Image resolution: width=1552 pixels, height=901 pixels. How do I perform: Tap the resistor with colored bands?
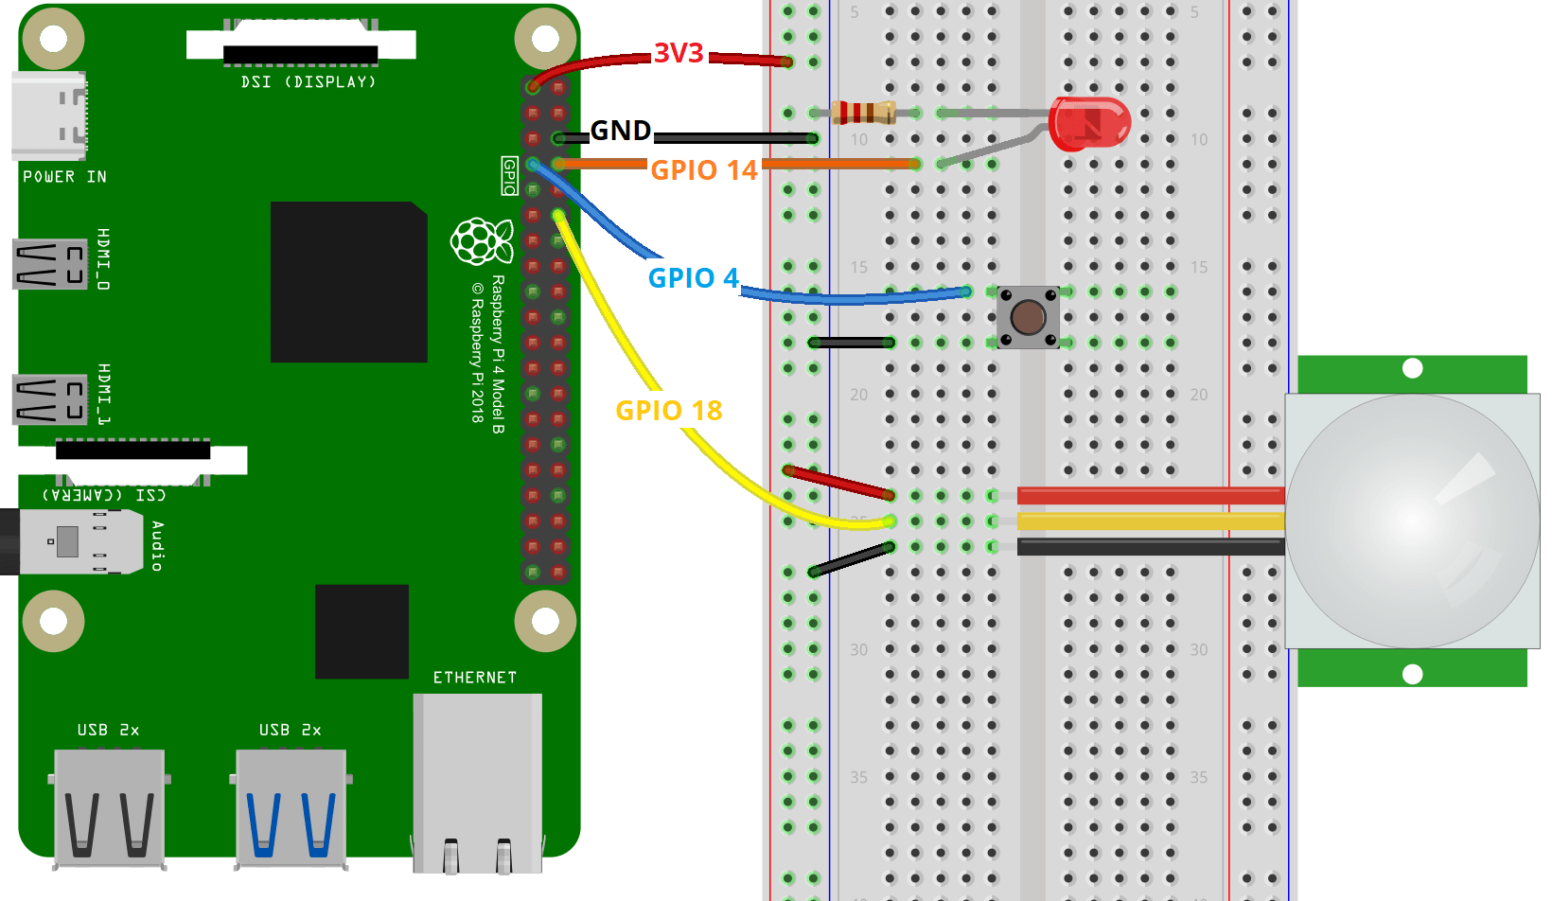coord(863,113)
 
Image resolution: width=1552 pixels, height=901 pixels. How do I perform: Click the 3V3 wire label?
coord(679,54)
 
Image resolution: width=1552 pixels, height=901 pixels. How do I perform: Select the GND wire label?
coord(621,131)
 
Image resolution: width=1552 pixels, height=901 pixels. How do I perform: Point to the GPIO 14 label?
coord(704,170)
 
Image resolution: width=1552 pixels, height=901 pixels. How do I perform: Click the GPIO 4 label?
coord(693,278)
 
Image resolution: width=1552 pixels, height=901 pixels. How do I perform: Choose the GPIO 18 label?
coord(669,411)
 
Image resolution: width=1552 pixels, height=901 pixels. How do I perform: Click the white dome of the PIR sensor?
coord(1412,521)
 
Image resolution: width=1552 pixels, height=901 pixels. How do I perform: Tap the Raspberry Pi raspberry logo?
coord(482,241)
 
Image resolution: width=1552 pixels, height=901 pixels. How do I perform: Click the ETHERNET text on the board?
coord(475,678)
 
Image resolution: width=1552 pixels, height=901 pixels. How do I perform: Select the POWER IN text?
coord(64,177)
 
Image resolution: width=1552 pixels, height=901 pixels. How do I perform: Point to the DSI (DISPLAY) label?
coord(309,82)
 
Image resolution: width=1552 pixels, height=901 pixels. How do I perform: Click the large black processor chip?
coord(348,282)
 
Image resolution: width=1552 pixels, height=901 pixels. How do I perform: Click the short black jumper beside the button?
coord(851,343)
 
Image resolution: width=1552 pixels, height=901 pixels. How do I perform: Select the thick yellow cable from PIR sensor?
coord(1150,521)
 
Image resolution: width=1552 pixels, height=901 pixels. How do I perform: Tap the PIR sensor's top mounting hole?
coord(1413,368)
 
